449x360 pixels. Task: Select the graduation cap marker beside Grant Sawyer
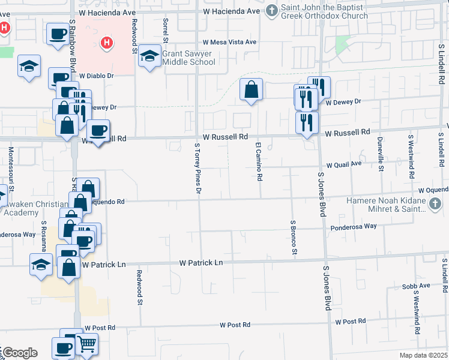coord(148,57)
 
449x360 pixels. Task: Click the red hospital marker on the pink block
coord(107,43)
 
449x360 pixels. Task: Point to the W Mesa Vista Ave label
coord(229,43)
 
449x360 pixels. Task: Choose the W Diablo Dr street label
coord(97,76)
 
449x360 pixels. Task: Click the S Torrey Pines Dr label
coord(197,169)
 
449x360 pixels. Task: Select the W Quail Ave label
coord(344,164)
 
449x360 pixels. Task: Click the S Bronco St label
coord(294,238)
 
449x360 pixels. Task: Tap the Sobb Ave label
coord(417,286)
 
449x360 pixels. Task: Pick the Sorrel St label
coord(164,26)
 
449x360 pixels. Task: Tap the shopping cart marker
coord(86,344)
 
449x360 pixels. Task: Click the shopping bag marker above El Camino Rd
coord(252,91)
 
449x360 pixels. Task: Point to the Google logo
coord(19,353)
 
